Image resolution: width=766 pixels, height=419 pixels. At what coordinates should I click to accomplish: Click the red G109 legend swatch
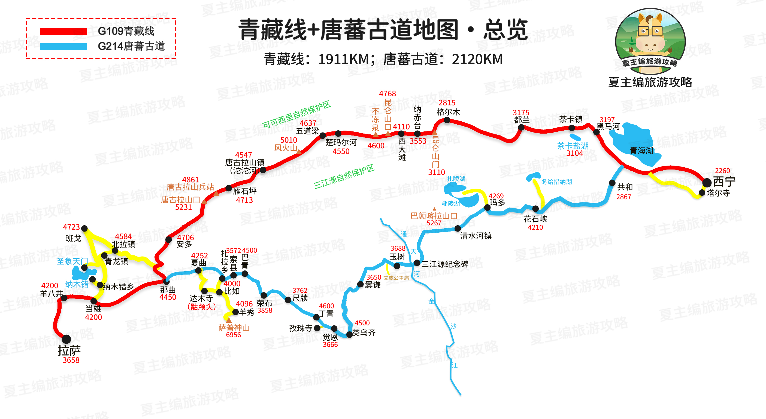63,31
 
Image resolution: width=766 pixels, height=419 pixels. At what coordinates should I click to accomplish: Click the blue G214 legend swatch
63,46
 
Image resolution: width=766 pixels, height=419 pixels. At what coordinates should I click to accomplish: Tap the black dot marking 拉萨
66,339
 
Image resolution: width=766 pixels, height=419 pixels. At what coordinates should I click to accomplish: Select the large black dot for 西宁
707,182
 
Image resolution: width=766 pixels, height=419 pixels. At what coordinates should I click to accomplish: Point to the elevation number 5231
183,207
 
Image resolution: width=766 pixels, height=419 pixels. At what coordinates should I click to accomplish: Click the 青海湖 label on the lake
641,150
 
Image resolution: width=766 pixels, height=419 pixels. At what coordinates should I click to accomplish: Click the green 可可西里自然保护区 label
296,114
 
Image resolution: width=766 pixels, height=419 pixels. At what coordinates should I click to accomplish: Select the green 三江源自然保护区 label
344,177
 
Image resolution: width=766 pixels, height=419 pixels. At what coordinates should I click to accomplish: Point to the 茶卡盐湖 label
573,146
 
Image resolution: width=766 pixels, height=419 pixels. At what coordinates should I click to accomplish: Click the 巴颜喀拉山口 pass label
434,216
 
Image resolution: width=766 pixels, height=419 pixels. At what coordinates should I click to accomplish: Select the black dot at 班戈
84,228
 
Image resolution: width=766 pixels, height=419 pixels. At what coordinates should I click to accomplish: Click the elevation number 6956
234,335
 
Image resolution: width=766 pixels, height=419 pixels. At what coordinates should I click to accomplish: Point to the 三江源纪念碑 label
445,264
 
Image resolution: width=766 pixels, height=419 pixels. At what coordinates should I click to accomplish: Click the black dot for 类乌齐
349,334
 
